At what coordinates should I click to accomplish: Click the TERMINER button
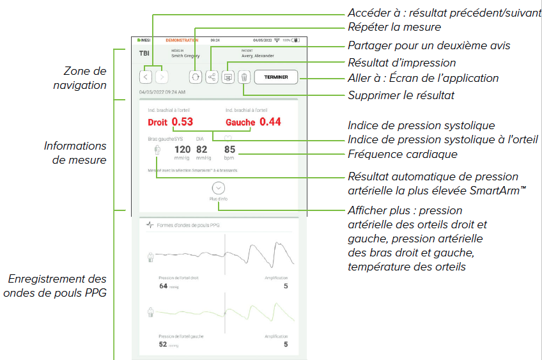276,77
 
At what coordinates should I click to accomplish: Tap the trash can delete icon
244,77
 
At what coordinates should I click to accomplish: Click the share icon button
212,77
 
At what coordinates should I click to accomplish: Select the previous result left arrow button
146,77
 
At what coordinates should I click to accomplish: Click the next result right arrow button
162,77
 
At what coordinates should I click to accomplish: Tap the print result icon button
228,77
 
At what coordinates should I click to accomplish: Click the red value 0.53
182,121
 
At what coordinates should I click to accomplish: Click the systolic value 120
182,150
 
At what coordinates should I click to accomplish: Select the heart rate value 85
230,150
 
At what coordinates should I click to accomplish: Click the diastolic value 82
202,150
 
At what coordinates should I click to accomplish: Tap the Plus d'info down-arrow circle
219,189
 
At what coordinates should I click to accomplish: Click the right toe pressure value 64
164,286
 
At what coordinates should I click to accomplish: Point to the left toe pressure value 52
164,344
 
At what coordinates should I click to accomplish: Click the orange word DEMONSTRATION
182,40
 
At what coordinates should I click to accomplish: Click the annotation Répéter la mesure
394,27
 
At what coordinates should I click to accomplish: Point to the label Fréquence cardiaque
402,154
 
